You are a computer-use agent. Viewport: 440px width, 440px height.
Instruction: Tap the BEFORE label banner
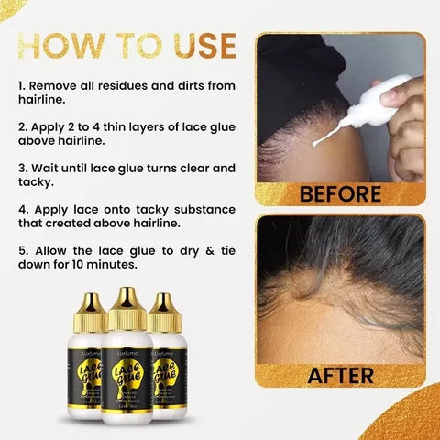point(338,193)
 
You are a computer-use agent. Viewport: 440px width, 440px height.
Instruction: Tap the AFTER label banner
point(338,375)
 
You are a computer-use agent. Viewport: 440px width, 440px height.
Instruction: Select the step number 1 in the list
point(21,84)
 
